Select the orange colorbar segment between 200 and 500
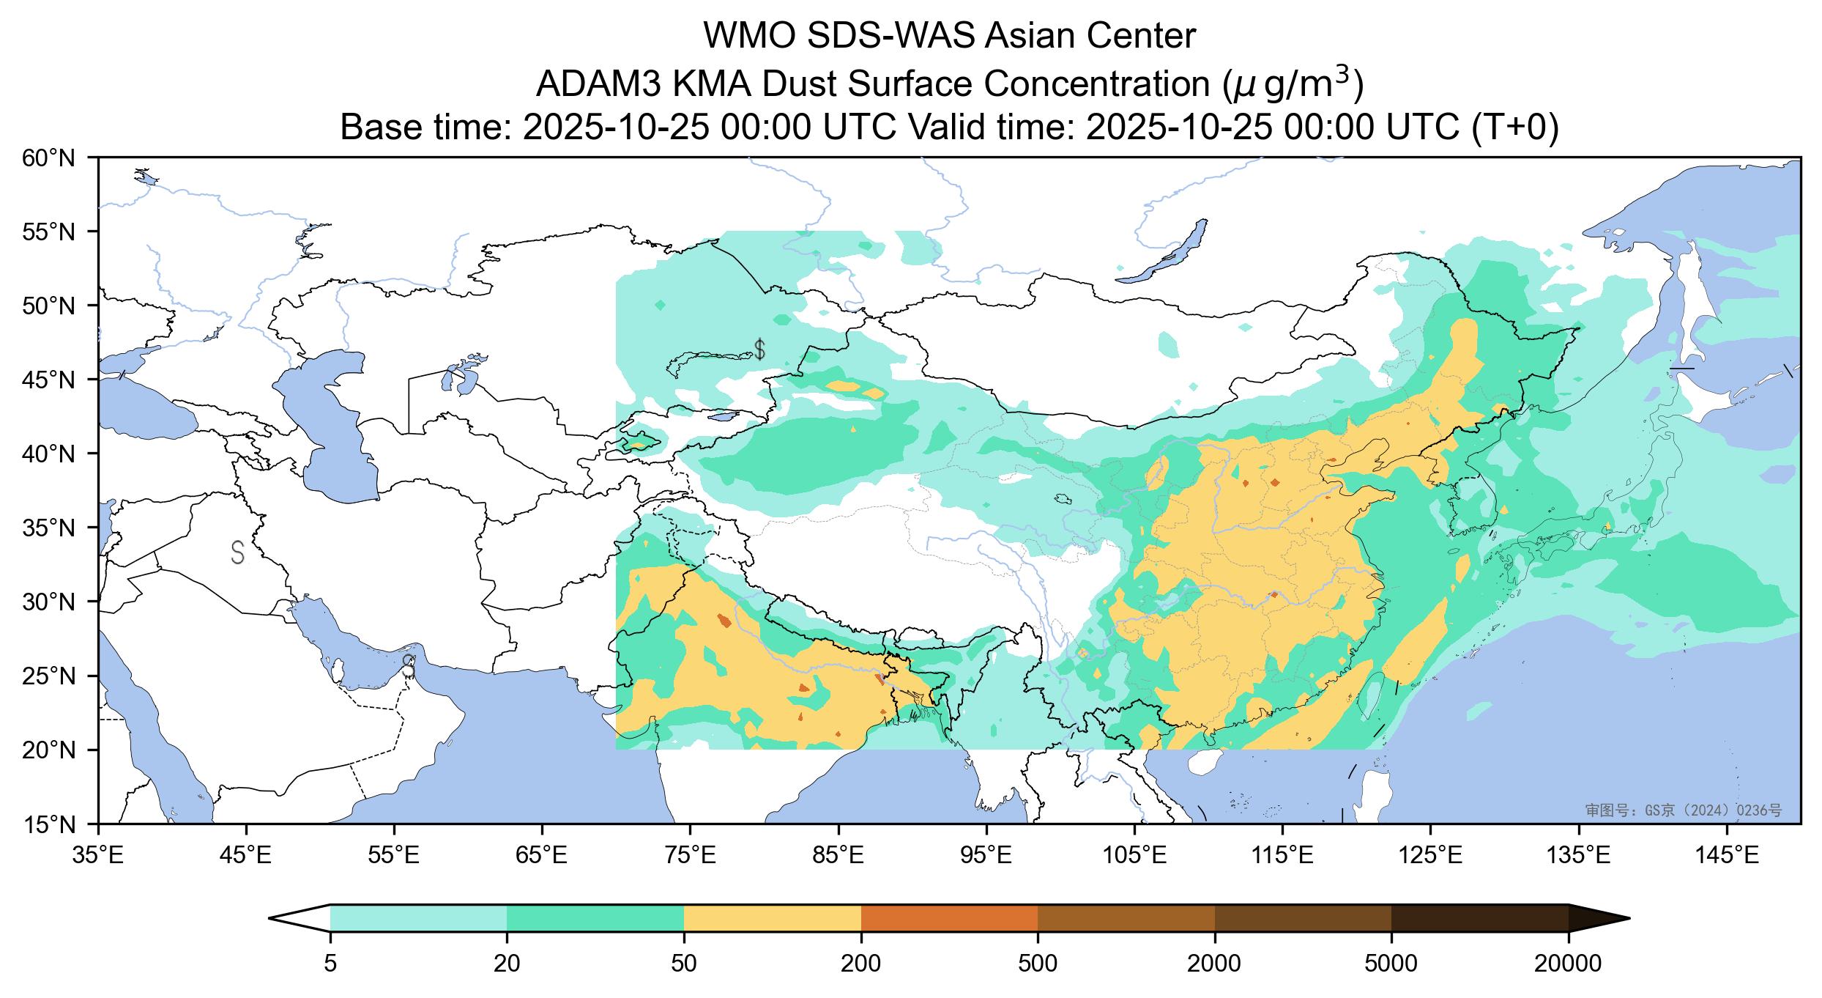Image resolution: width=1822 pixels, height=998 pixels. pos(949,918)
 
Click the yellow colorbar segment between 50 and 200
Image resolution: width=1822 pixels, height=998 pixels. pos(772,918)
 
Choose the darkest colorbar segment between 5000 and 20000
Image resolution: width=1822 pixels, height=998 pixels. pos(1479,918)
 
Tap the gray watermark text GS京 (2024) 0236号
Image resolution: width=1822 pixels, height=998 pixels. pos(1683,810)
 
